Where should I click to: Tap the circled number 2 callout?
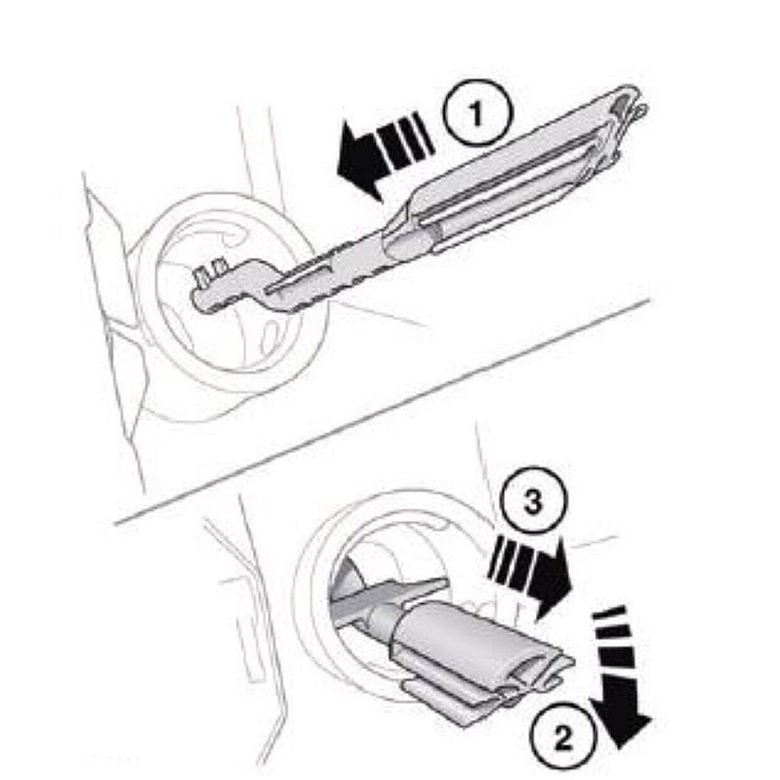pos(562,738)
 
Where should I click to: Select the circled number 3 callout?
pos(533,500)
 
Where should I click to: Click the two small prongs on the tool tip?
pos(209,271)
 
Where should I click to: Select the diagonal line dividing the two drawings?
pos(381,410)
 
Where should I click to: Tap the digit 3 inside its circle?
pos(533,501)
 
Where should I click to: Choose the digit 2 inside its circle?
pos(562,738)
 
